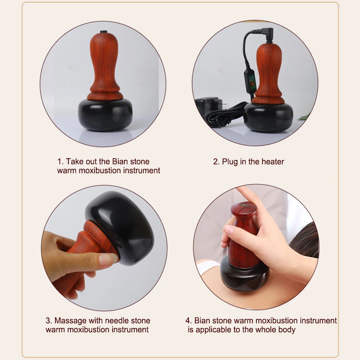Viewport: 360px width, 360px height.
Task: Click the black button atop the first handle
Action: coord(104,32)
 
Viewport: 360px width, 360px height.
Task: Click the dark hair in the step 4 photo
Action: coord(306,245)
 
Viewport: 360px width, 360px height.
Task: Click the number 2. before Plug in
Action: coord(216,161)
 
